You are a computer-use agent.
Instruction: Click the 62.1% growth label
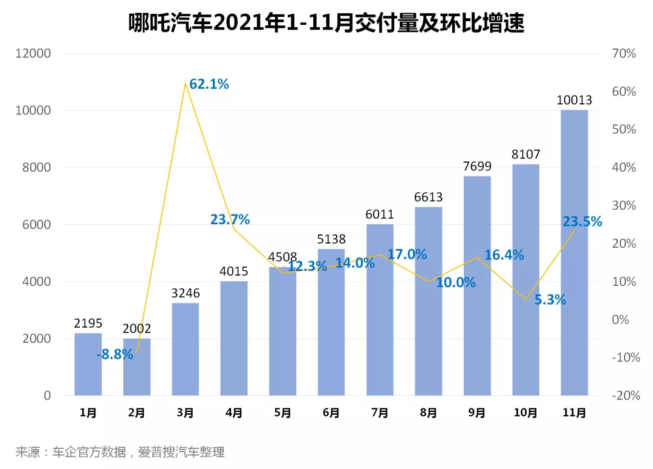209,85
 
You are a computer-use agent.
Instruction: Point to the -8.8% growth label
115,355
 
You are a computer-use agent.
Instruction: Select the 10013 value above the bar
574,100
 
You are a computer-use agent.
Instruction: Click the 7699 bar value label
476,166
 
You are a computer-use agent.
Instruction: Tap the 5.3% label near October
550,299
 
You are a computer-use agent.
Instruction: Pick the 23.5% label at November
582,222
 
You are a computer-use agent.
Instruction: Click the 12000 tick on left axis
33,54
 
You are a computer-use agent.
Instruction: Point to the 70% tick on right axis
623,54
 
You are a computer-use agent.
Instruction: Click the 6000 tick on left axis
37,225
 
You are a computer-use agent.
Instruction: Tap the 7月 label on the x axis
380,413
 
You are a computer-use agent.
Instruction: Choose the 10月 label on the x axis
525,413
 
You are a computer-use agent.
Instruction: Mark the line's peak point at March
185,83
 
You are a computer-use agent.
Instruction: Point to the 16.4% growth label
504,255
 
